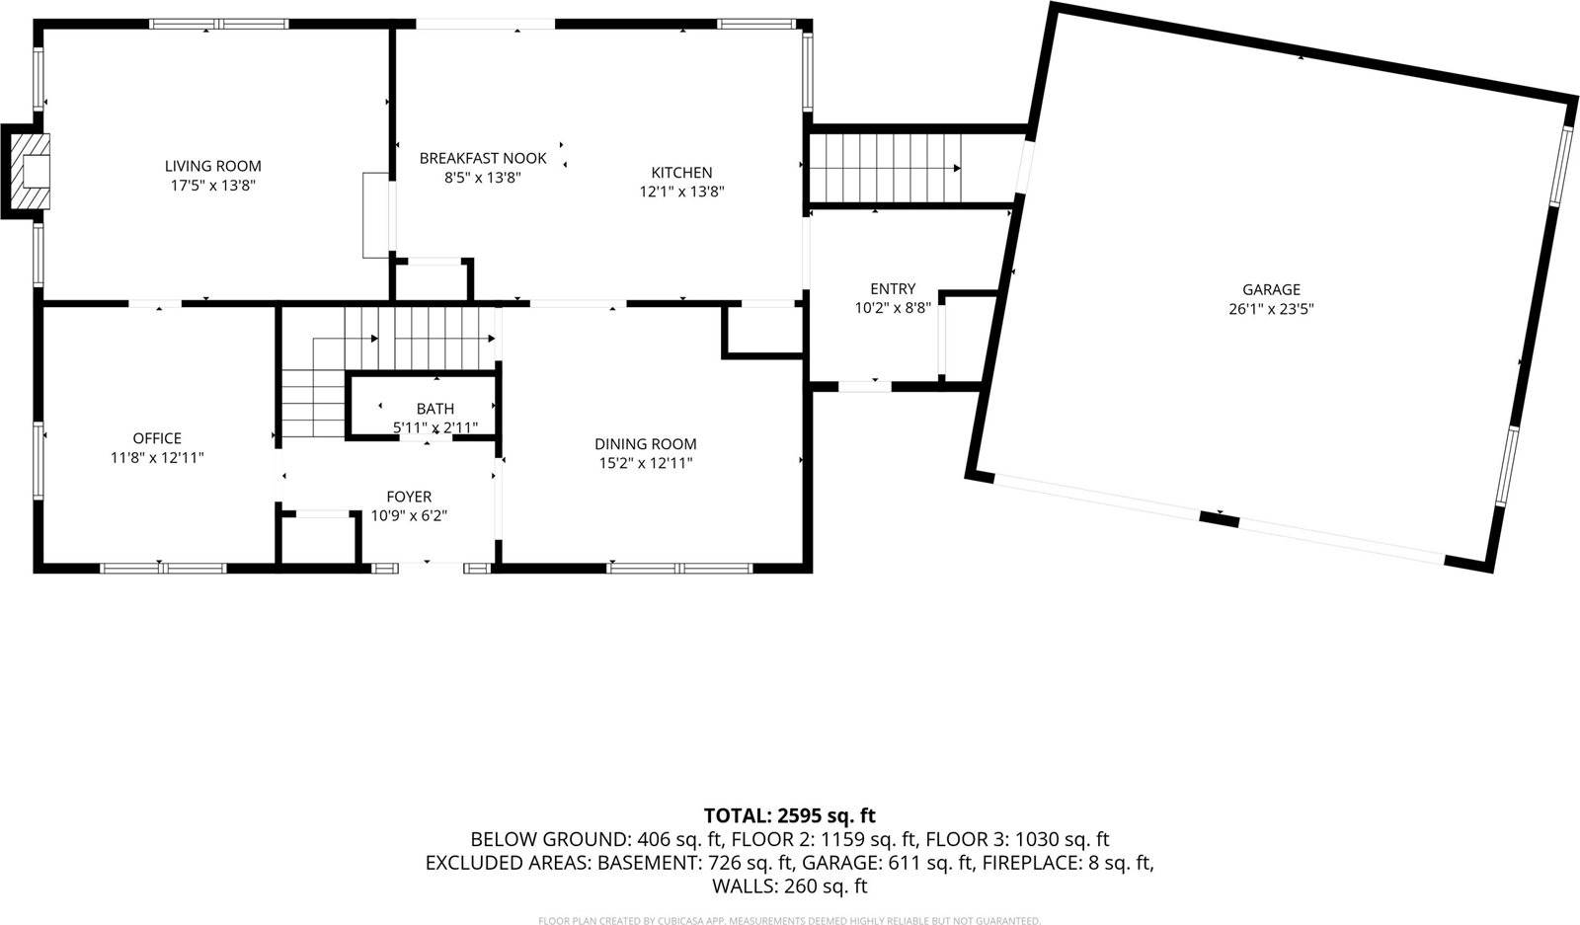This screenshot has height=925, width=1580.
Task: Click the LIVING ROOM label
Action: (x=212, y=166)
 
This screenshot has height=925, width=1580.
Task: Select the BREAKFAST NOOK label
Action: (x=482, y=158)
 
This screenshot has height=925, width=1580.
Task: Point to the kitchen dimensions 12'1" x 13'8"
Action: (x=681, y=192)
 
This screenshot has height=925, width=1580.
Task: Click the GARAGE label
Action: (x=1271, y=289)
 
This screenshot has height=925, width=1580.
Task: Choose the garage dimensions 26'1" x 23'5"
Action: (x=1271, y=308)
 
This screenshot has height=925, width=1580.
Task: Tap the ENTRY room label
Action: (x=892, y=288)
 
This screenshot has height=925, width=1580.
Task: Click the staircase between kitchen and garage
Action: (x=884, y=168)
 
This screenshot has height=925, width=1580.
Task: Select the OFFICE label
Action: (x=157, y=438)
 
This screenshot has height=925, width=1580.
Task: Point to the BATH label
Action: (x=434, y=409)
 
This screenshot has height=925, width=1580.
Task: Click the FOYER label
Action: (x=408, y=497)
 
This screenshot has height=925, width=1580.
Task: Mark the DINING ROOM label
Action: (x=645, y=444)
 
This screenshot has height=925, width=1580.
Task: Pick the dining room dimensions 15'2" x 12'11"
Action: (x=645, y=463)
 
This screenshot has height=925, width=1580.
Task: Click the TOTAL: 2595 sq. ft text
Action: (x=789, y=815)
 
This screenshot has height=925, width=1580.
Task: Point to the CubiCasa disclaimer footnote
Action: (x=789, y=920)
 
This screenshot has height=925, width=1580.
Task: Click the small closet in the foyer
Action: (x=318, y=540)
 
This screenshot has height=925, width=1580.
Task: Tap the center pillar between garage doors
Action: (x=1219, y=517)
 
